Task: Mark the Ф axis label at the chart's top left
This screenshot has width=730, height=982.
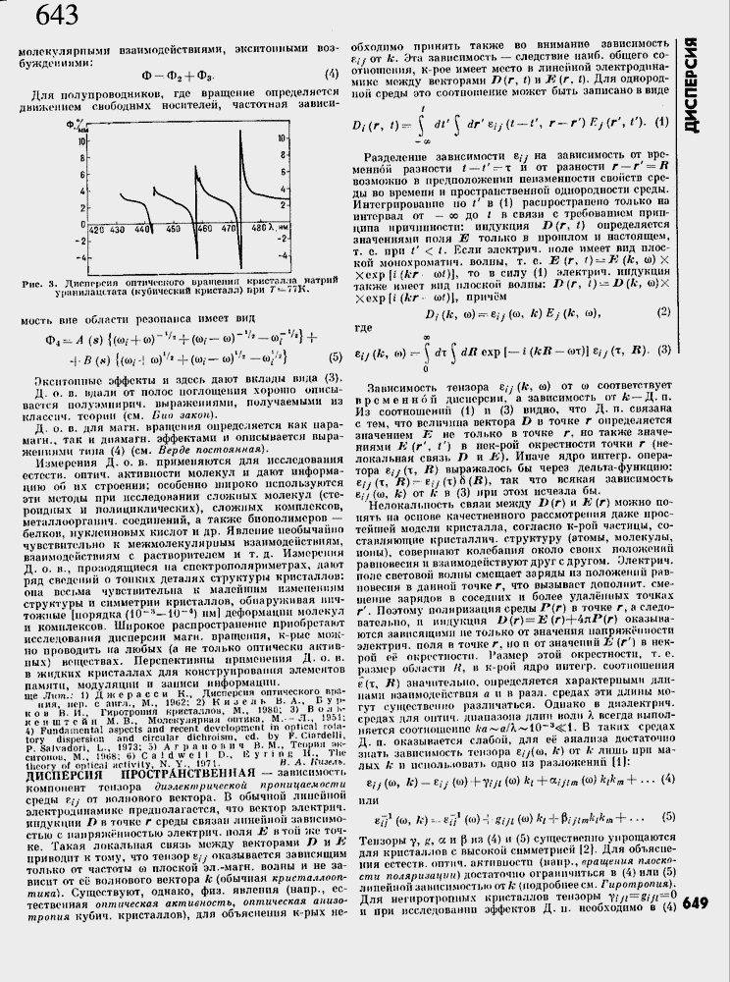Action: click(73, 126)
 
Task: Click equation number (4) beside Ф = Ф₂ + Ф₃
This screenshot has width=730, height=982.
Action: click(332, 76)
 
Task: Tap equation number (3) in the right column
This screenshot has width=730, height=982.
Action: click(663, 351)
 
